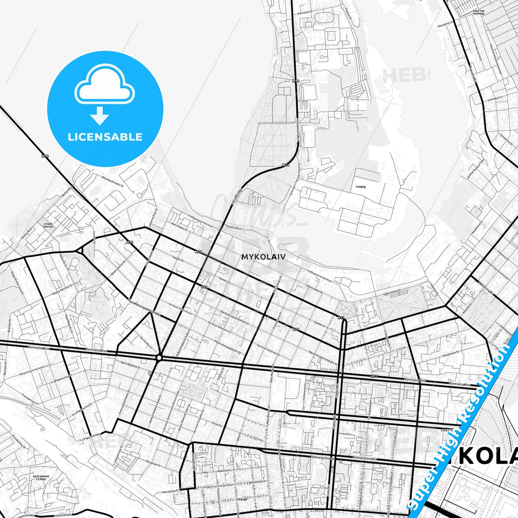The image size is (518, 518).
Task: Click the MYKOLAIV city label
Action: [263, 257]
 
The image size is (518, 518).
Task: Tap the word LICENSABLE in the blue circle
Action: [105, 137]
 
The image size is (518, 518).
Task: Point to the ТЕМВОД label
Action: [360, 187]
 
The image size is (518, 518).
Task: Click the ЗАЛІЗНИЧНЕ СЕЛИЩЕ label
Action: [39, 478]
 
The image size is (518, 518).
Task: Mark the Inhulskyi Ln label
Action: [495, 98]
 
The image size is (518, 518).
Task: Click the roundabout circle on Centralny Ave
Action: [159, 357]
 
